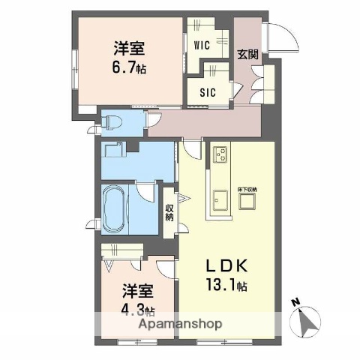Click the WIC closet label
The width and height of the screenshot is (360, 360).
(201, 44)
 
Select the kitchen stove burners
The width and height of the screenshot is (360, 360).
(223, 155)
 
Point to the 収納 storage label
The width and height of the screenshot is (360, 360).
(169, 211)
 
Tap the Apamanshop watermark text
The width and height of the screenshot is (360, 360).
(179, 325)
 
